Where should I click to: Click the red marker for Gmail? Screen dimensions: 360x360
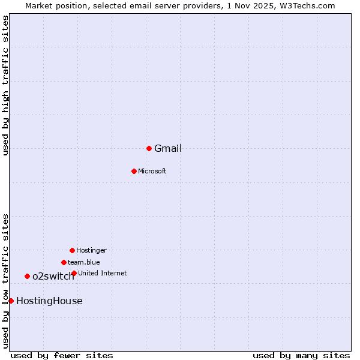coord(149,148)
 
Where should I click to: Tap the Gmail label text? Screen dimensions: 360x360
coord(168,149)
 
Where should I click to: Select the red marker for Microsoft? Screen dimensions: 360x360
coord(134,171)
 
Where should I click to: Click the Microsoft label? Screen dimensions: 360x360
coord(152,171)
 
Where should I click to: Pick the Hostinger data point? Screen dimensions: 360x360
coord(72,250)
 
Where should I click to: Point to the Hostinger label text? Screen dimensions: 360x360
coord(91,250)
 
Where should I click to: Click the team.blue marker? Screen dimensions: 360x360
coord(64,262)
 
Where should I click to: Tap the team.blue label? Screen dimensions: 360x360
coord(84,262)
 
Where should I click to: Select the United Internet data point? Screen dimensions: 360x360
coord(74,273)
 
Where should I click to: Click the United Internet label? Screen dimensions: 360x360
coord(103,273)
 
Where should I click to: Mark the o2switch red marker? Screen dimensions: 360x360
coord(27,276)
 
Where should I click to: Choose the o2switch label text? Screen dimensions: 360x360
coord(53,277)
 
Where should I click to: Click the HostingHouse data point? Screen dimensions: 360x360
coord(11,301)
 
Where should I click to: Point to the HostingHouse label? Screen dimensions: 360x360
coord(49,301)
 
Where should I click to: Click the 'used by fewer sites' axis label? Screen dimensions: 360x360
coord(62,355)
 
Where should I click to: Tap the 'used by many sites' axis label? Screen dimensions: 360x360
coord(301,355)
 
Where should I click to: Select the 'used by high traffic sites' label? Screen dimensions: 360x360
coord(5,85)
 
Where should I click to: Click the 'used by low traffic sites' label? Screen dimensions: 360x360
coord(5,280)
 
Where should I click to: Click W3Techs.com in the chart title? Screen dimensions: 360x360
coord(308,5)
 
